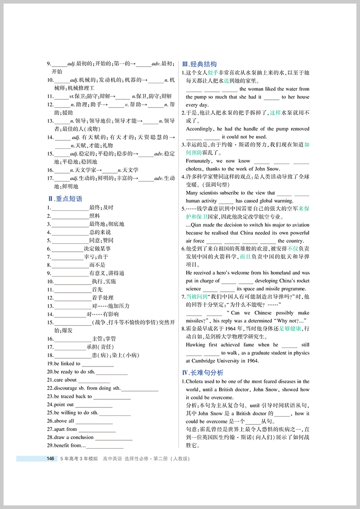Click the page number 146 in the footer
(50, 459)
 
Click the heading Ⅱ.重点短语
(65, 198)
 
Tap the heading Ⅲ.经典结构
(199, 64)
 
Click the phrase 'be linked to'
(67, 363)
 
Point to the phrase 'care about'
(65, 380)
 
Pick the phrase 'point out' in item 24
(64, 404)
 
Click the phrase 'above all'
(64, 421)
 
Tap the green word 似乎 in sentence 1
(213, 73)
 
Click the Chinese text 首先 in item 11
(97, 290)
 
